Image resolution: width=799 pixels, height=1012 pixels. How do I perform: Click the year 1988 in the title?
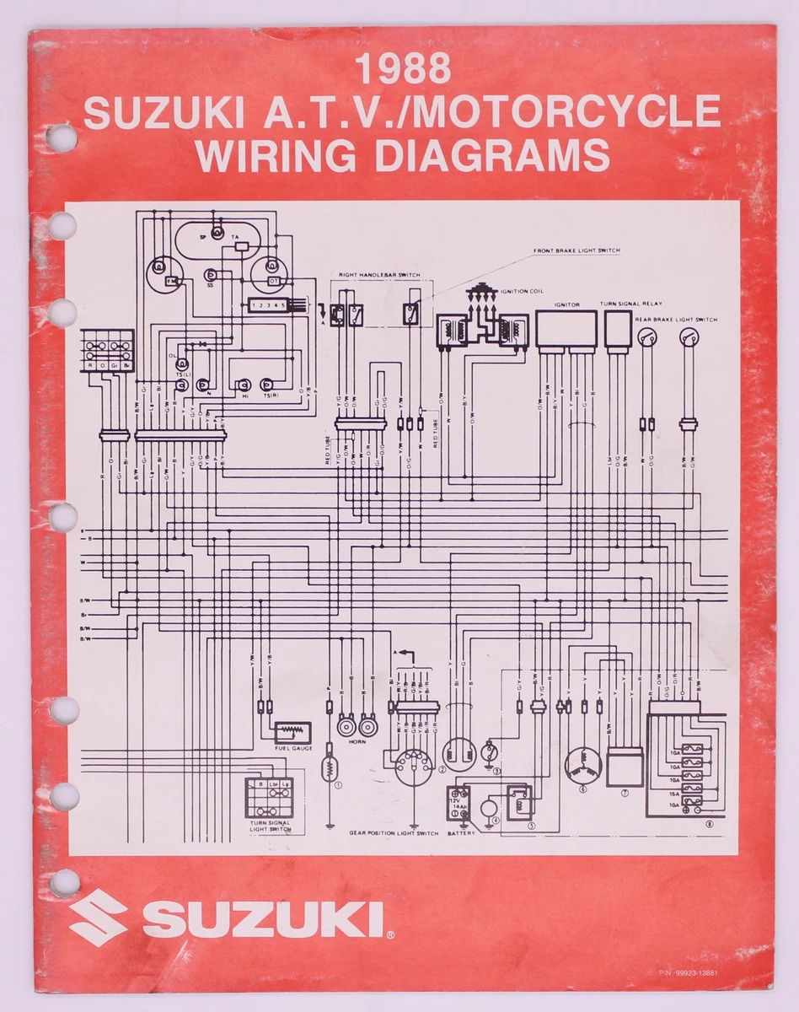[x=403, y=70]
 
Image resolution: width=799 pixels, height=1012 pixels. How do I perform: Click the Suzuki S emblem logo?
[x=98, y=918]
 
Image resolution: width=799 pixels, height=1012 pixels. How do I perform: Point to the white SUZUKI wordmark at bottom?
[x=263, y=919]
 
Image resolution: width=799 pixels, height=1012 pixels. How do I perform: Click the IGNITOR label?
[x=566, y=305]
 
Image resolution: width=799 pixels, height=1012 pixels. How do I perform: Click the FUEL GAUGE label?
[x=293, y=749]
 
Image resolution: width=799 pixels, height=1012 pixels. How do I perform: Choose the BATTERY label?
[x=461, y=833]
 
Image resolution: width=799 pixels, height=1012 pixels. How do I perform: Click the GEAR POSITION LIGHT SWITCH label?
[x=394, y=833]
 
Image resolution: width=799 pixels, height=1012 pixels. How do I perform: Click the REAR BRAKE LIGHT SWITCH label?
[x=677, y=320]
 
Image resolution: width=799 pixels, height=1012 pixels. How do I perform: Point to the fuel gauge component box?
[x=292, y=732]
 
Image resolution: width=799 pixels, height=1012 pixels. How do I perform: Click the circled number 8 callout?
[x=710, y=825]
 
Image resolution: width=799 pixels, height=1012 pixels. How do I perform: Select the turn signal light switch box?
[x=269, y=797]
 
